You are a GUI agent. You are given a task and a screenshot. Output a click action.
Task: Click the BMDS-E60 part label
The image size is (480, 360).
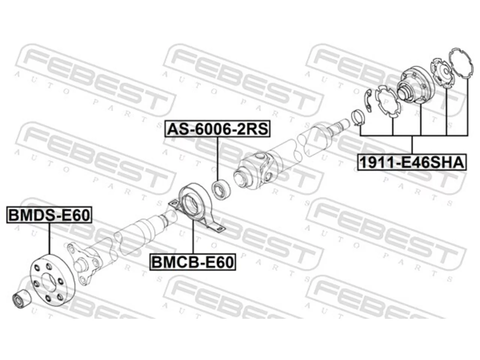pos(49,214)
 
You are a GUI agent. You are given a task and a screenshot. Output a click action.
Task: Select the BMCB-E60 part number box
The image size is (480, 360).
pos(193,262)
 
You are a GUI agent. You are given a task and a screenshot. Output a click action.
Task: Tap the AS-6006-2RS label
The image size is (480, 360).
pos(217,129)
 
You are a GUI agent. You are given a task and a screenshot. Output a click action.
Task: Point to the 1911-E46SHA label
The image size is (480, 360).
pos(412,162)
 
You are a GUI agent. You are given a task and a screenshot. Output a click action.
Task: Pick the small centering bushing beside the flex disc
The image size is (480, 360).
pos(22,298)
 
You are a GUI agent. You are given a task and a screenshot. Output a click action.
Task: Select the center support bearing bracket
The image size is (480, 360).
pos(196,207)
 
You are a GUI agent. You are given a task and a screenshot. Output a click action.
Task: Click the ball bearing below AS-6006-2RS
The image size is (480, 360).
pos(221,189)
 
